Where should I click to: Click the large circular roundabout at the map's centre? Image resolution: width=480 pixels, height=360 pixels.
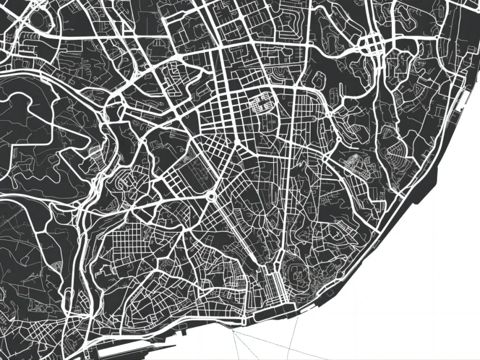pyautogui.click(x=210, y=197)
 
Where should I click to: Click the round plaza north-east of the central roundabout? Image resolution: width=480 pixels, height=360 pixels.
pyautogui.click(x=237, y=144)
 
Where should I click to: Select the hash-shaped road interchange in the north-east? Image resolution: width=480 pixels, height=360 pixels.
pyautogui.click(x=375, y=46)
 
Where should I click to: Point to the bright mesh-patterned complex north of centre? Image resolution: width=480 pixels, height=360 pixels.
pyautogui.click(x=262, y=102)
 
